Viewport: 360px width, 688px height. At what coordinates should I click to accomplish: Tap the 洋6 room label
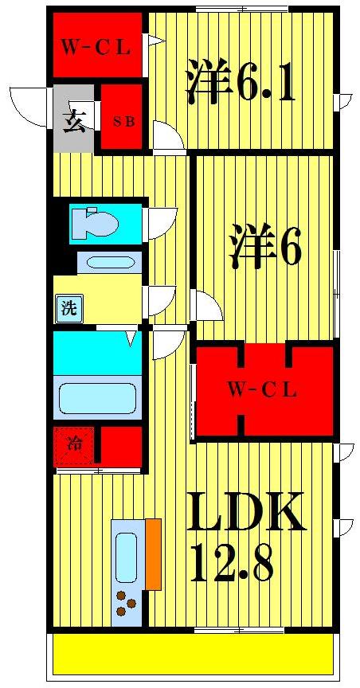[266, 248]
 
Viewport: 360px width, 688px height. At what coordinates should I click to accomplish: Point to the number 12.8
[232, 565]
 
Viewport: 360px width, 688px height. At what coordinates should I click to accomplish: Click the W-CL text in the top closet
[96, 47]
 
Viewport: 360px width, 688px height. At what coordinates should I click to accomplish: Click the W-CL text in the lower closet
[262, 390]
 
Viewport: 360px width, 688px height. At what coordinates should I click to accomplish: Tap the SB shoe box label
[122, 122]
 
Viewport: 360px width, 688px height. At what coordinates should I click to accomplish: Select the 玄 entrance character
[74, 124]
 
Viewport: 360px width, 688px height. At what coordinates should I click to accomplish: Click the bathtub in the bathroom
[97, 397]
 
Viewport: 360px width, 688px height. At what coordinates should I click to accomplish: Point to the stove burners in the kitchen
[125, 603]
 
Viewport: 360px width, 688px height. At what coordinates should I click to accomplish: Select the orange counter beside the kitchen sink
[153, 554]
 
